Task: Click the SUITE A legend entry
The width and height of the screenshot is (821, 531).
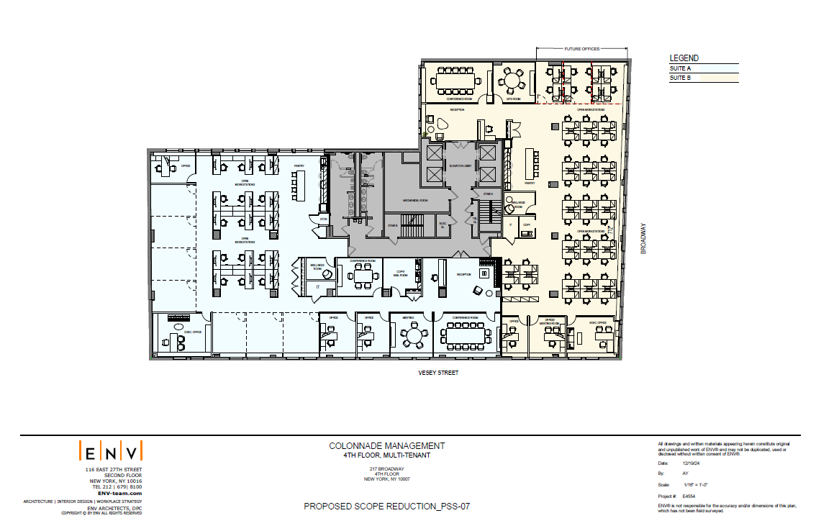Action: click(x=680, y=68)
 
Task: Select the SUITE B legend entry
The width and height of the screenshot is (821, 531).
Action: click(x=680, y=78)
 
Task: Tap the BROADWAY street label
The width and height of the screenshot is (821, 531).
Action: click(x=645, y=238)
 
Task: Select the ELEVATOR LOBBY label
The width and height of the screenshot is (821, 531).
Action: click(x=458, y=167)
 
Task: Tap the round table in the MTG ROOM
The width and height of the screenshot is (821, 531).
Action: click(x=512, y=79)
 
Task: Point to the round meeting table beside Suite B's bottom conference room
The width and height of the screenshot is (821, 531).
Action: click(x=414, y=335)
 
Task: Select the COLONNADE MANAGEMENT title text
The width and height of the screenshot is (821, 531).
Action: click(x=387, y=446)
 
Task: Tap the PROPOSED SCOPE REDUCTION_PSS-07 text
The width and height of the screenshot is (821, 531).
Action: click(x=386, y=507)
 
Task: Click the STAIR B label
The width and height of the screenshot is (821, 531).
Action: click(x=393, y=225)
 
